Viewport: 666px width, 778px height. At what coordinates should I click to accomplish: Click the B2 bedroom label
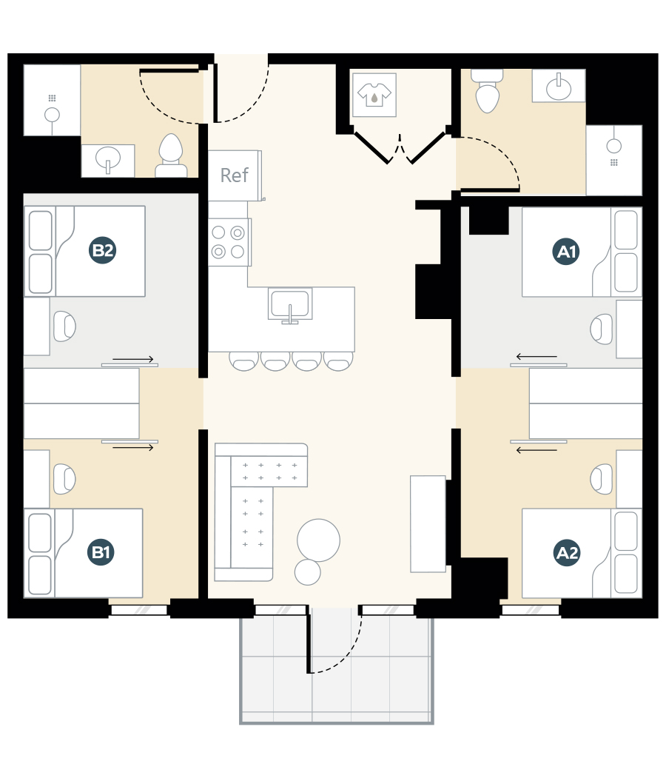102,251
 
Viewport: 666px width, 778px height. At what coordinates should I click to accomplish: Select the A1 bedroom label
567,252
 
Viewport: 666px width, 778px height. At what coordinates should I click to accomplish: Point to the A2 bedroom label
568,552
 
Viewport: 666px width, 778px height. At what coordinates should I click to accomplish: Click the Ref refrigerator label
235,175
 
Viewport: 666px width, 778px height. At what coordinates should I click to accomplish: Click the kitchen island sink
289,305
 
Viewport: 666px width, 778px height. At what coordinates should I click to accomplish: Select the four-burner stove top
228,242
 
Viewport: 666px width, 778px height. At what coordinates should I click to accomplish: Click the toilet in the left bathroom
171,156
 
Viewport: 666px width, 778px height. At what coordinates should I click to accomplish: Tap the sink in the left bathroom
108,159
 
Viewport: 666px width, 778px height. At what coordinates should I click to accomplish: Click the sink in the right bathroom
559,88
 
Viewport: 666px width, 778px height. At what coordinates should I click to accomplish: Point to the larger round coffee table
318,540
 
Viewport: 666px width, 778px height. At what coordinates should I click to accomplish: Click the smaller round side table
307,572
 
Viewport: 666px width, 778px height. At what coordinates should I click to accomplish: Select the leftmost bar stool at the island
243,361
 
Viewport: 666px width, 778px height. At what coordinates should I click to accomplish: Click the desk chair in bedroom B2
65,326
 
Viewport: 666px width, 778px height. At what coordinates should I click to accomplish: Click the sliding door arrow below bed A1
536,358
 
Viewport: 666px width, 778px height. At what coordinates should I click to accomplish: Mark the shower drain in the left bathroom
52,115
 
